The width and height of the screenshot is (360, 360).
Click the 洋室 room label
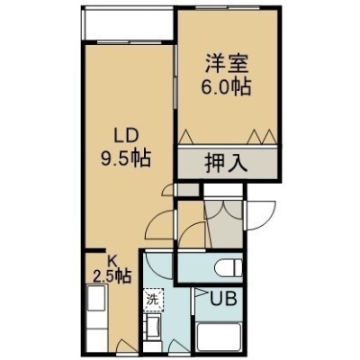click(227, 63)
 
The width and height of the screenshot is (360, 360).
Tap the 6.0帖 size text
click(227, 86)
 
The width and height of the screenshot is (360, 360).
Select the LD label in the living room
click(126, 136)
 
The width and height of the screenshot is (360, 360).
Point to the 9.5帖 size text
click(126, 158)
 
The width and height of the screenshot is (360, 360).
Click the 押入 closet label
click(227, 163)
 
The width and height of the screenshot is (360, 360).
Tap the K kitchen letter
click(112, 262)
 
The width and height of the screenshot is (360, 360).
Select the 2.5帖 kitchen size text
click(112, 275)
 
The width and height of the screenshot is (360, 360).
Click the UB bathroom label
click(223, 299)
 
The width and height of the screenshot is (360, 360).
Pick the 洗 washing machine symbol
click(153, 300)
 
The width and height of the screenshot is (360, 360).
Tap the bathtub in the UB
click(219, 337)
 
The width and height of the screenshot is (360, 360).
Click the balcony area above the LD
click(129, 23)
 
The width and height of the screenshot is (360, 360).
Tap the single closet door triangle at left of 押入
click(186, 137)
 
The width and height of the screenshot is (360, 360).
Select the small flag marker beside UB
click(201, 292)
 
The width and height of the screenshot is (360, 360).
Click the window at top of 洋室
click(229, 7)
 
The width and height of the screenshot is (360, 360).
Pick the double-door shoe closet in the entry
click(223, 223)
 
